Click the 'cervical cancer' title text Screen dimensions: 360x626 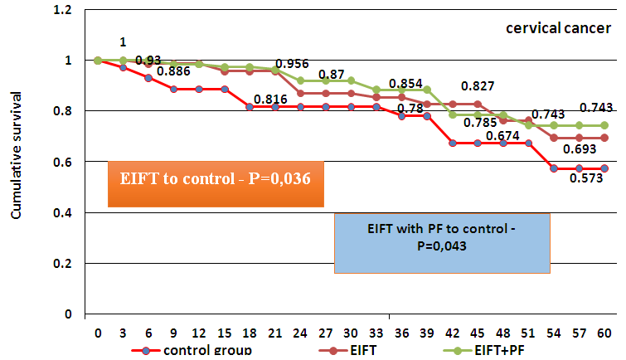[555, 29]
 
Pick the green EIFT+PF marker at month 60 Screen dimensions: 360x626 [604, 125]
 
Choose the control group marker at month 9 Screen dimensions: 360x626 [173, 89]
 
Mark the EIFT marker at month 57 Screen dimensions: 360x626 [579, 138]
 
